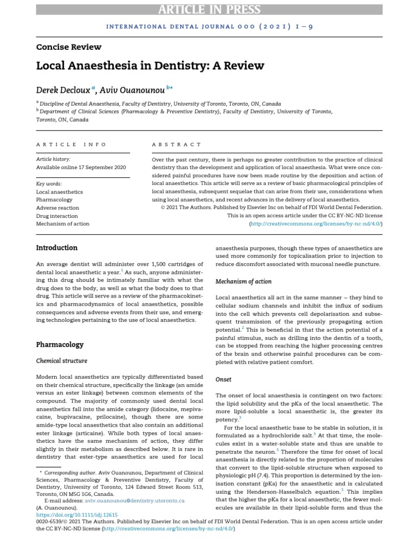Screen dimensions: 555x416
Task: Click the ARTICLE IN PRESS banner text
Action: click(x=209, y=9)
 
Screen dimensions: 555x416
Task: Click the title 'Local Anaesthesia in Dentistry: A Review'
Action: click(x=150, y=66)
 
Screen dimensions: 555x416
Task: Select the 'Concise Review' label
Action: click(x=69, y=47)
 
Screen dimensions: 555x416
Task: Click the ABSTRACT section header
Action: click(x=177, y=145)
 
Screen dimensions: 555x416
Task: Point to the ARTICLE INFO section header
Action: click(x=71, y=145)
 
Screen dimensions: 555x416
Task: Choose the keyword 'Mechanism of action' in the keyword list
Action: click(x=63, y=224)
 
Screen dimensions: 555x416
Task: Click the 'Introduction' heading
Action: click(x=57, y=248)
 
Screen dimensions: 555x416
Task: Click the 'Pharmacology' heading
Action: click(x=60, y=344)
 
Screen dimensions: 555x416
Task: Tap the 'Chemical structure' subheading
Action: click(x=62, y=360)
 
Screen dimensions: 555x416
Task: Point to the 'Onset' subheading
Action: click(x=223, y=379)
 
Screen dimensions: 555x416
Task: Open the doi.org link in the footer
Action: click(x=77, y=514)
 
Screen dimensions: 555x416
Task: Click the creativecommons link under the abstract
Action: click(x=316, y=223)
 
